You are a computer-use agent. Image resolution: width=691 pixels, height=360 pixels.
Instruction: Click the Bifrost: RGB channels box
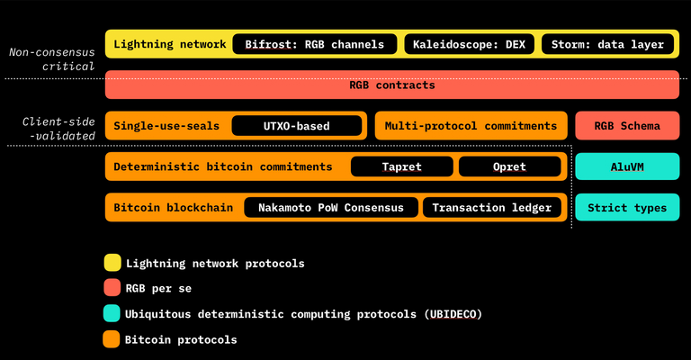coord(314,43)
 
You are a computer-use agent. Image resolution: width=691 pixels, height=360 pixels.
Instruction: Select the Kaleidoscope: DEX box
coord(470,43)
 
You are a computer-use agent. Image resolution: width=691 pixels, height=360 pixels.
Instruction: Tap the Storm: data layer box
coord(608,43)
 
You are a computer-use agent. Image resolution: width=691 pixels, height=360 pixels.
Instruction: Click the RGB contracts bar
coord(391,85)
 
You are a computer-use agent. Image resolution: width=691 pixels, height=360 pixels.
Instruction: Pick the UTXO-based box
coord(297,126)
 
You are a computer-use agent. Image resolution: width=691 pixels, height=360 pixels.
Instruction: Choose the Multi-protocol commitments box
coord(471,126)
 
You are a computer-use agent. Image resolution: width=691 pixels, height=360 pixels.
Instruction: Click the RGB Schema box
coord(627,126)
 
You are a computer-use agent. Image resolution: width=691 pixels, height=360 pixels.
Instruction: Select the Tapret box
coord(400,166)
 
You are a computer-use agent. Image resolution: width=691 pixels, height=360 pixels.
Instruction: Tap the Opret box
coord(509,166)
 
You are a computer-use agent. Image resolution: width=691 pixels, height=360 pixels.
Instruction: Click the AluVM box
coord(627,166)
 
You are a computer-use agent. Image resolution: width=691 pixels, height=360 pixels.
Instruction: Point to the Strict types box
coord(627,208)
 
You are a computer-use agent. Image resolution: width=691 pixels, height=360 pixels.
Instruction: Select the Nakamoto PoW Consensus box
coord(331,208)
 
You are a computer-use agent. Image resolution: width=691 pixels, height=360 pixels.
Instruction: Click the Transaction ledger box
coord(491,208)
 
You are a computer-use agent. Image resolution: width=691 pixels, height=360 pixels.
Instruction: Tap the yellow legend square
coord(112,263)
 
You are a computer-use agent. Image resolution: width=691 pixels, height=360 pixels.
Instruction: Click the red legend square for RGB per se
coord(112,289)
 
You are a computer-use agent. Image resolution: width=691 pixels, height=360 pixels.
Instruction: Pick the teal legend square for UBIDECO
coord(112,314)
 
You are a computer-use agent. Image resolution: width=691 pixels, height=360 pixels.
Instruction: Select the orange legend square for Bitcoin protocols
coord(112,339)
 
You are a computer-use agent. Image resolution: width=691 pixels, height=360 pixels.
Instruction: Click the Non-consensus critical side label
coord(51,59)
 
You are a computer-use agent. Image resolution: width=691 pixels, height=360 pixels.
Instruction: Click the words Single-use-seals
coord(166,126)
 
